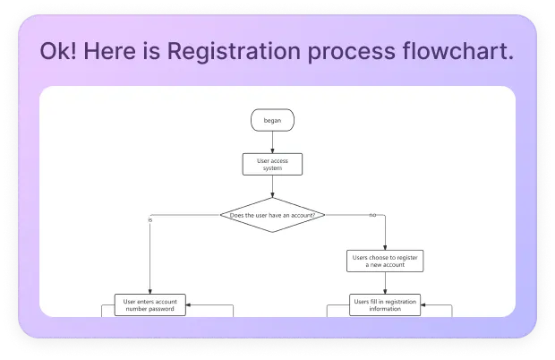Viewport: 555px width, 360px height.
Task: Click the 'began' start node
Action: [x=272, y=120]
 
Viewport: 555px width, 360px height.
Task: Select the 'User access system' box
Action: [x=272, y=164]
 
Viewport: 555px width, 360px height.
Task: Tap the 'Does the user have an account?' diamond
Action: [x=272, y=215]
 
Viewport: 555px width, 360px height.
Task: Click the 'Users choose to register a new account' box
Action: [x=385, y=261]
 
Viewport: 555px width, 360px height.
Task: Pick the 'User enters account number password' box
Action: [x=149, y=305]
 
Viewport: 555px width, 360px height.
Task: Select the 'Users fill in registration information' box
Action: [x=385, y=305]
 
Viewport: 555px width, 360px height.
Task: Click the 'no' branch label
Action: [x=371, y=215]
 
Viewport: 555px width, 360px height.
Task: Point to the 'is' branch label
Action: [x=150, y=219]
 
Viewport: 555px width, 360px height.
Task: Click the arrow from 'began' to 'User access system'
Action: [x=272, y=142]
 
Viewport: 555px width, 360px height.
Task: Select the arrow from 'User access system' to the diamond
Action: [x=272, y=186]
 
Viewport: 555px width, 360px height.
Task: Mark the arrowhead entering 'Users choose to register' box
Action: [x=385, y=248]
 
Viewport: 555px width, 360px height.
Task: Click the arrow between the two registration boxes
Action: [x=385, y=283]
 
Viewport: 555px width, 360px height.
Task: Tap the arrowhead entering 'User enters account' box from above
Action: [x=149, y=292]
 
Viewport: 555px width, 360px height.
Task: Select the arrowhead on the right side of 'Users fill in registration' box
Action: [x=426, y=305]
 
